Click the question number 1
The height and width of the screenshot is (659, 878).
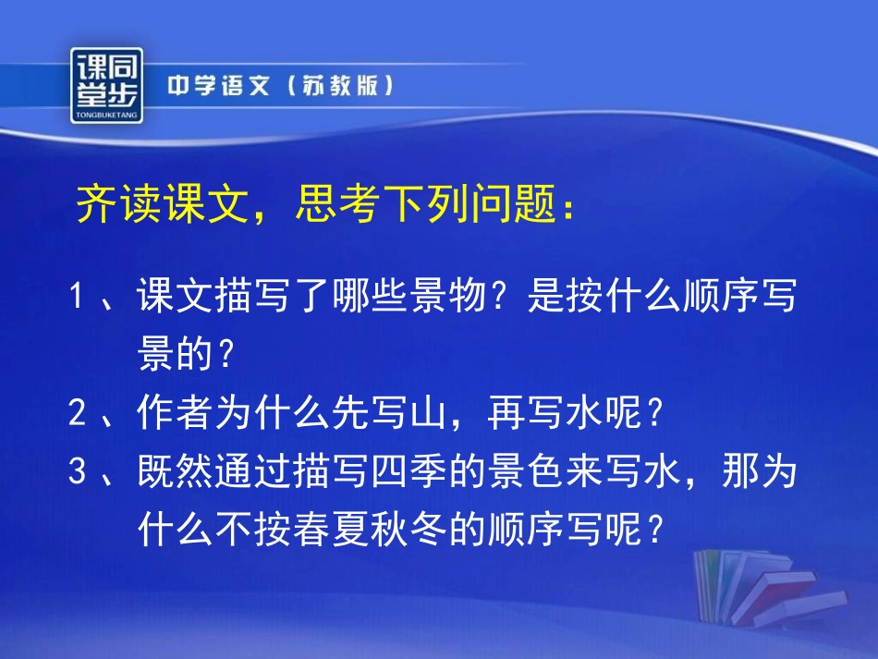(x=78, y=299)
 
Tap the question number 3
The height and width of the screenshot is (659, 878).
(x=78, y=472)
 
